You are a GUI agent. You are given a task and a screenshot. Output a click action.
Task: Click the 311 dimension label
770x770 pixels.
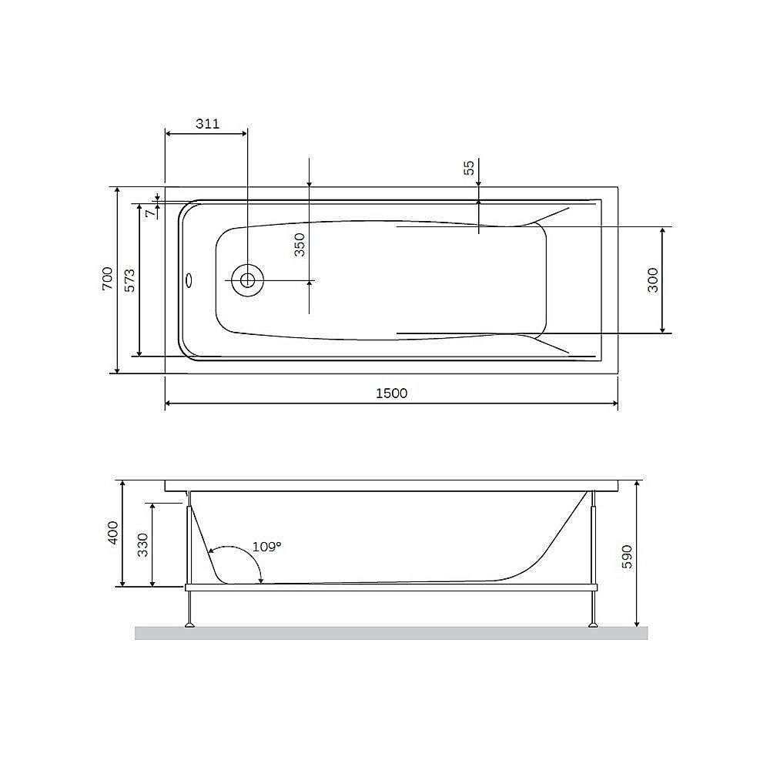207,123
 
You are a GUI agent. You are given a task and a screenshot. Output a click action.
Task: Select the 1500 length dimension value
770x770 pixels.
391,393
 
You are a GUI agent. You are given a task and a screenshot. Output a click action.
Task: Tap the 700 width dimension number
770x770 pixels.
107,279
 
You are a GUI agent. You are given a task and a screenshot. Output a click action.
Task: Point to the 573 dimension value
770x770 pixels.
130,279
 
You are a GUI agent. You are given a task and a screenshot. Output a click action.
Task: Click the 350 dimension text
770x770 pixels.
300,244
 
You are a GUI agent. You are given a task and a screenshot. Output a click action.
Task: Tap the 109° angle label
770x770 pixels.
267,547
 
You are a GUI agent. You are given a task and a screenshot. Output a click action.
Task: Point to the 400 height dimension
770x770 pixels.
113,533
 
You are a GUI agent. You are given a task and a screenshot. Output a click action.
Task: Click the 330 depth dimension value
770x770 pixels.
143,544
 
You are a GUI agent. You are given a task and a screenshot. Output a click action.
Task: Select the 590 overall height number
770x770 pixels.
627,556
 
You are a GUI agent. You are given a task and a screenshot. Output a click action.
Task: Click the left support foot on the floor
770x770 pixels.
188,624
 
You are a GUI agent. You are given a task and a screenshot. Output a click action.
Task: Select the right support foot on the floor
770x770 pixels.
592,624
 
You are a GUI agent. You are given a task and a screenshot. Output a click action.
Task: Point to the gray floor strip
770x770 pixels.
391,633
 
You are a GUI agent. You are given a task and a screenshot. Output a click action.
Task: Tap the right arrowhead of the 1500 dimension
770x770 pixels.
614,403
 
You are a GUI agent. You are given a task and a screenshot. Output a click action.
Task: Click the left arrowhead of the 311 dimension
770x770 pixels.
169,132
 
